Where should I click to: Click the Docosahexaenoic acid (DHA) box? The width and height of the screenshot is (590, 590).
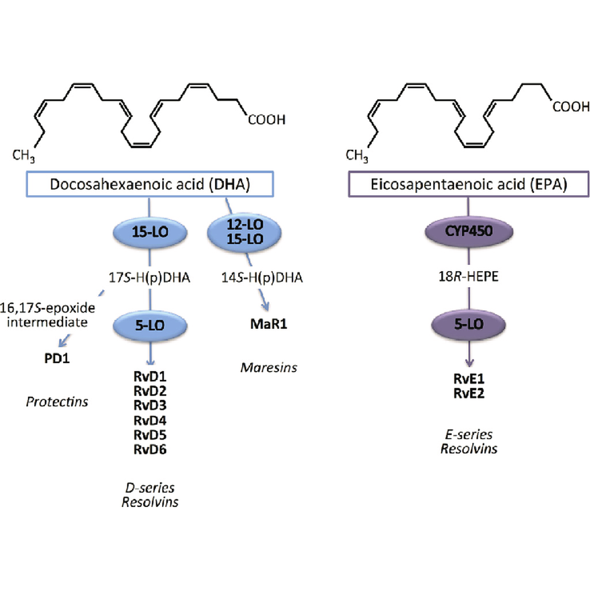(x=150, y=184)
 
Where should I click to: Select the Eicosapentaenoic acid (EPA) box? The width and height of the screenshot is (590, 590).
(x=468, y=184)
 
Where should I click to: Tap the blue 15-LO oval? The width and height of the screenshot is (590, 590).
(x=150, y=232)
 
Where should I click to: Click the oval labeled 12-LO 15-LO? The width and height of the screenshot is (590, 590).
(x=244, y=232)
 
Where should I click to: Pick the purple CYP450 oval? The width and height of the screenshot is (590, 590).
(x=469, y=231)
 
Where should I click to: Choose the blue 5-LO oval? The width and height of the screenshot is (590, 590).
(x=150, y=325)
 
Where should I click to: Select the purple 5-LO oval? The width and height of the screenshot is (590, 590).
(x=469, y=324)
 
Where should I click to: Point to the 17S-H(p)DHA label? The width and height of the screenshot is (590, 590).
(x=149, y=278)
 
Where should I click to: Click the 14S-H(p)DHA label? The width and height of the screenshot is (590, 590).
(x=262, y=278)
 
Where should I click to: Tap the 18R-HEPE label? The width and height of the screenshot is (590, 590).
(x=468, y=276)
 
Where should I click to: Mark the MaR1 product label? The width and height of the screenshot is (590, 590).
(x=268, y=324)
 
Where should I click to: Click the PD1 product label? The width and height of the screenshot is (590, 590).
(x=57, y=358)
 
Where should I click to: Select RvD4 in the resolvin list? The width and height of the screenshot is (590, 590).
(x=150, y=421)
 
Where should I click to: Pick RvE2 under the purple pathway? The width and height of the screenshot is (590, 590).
(x=469, y=393)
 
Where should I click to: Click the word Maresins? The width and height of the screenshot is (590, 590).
(x=268, y=367)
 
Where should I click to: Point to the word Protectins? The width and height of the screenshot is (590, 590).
(x=57, y=402)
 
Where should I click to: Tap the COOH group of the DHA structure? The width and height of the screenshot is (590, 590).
(x=266, y=120)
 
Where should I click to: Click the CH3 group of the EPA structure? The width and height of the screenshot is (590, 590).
(x=357, y=156)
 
